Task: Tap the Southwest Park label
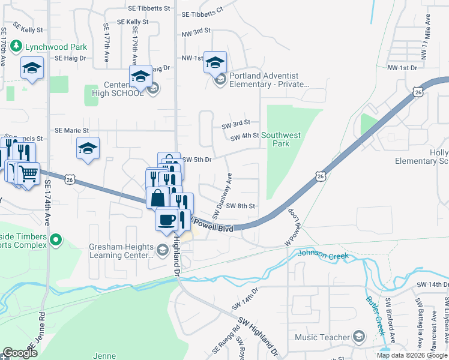click(281, 139)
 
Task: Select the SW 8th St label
click(241, 206)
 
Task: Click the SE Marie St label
click(71, 130)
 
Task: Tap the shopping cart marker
click(28, 174)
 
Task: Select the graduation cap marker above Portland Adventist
click(215, 62)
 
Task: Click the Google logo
click(20, 353)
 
